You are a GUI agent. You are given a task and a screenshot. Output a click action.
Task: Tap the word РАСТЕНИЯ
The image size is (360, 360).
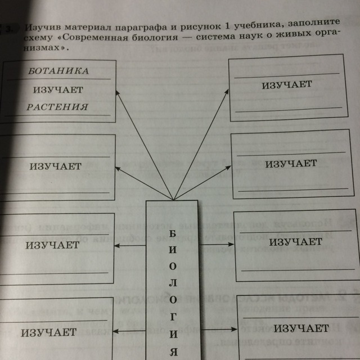(x=60, y=107)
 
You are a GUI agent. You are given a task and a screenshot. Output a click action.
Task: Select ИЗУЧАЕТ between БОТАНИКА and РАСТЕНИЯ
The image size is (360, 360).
(x=58, y=89)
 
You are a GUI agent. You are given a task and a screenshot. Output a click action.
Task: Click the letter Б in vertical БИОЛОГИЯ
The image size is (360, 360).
(x=172, y=233)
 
